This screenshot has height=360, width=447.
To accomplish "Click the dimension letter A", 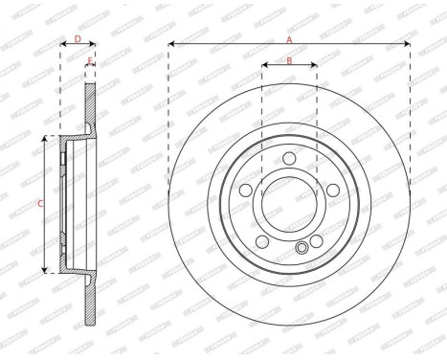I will coord(289,39).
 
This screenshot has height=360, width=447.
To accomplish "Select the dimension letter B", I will coord(289,61).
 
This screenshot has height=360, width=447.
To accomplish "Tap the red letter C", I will coord(39,203).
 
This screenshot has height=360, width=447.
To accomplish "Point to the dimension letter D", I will coord(78,39).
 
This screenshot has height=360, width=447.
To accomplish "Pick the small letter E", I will coord(90,62).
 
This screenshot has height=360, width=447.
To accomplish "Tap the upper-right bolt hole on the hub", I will coord(331,190).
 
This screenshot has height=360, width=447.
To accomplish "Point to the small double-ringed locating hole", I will coord(302,248).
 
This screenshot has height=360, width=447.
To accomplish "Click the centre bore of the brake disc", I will coord(290,203).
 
